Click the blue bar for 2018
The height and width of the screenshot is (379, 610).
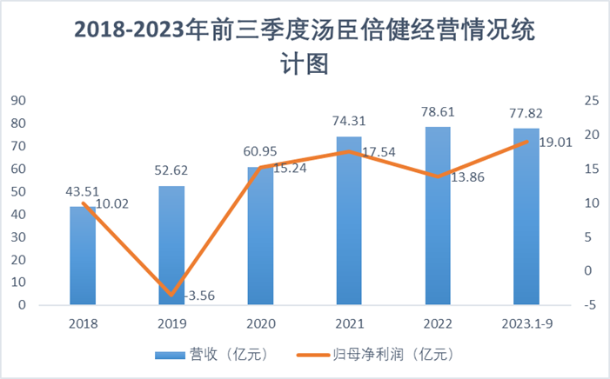pos(84,256)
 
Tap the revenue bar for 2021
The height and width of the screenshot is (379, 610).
pos(349,222)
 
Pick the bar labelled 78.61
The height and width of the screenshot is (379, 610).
pos(438,216)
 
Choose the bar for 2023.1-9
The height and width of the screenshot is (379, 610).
pos(526,217)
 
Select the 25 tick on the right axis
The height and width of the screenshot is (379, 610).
pos(591,100)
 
